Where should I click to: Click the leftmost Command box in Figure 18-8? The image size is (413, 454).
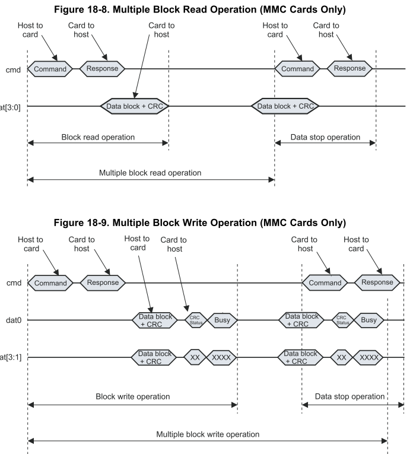pyautogui.click(x=50, y=69)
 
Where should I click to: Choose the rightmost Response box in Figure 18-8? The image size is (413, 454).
pyautogui.click(x=350, y=69)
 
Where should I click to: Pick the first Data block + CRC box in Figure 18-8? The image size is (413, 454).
pyautogui.click(x=136, y=106)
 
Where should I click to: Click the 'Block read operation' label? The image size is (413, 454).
pyautogui.click(x=98, y=137)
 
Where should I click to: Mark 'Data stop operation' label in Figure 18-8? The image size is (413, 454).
pyautogui.click(x=325, y=137)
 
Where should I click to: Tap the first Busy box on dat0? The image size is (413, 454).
pyautogui.click(x=222, y=320)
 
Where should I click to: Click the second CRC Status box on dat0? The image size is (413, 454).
pyautogui.click(x=341, y=320)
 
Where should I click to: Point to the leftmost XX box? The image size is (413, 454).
pyautogui.click(x=195, y=358)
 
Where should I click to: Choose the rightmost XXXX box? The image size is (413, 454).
pyautogui.click(x=368, y=358)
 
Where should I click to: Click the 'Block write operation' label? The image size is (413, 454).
pyautogui.click(x=133, y=396)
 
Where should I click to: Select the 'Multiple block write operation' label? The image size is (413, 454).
pyautogui.click(x=208, y=434)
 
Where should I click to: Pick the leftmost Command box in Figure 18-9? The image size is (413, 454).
pyautogui.click(x=50, y=283)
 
